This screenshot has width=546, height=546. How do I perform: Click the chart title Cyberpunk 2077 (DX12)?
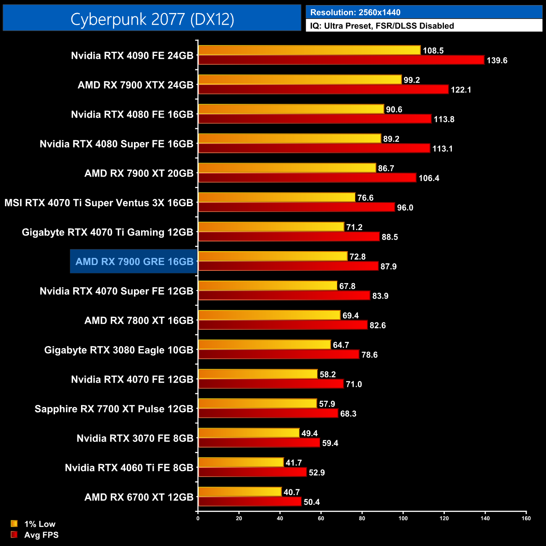(152, 19)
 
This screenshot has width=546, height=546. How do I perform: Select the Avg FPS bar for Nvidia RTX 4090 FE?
(341, 60)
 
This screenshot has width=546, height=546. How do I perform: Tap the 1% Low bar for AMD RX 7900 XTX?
(300, 80)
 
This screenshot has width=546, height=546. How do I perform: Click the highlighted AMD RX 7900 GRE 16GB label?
(134, 262)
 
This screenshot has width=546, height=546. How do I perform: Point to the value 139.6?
(497, 60)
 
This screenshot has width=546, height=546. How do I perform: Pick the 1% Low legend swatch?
(14, 524)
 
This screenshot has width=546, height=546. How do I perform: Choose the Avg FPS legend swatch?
(14, 535)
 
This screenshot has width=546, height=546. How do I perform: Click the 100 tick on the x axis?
(403, 518)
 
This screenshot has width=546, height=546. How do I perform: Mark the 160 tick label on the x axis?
(526, 518)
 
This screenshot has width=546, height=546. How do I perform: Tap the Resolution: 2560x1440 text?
(355, 13)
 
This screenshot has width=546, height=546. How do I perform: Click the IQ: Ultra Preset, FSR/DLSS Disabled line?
(382, 26)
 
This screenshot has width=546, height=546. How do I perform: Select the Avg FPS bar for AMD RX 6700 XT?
(249, 502)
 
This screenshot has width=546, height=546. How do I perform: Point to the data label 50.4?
(312, 502)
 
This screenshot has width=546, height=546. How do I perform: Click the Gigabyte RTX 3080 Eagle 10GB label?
(119, 350)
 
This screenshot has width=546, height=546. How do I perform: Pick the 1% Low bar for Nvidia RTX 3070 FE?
(249, 433)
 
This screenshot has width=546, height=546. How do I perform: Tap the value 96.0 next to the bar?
(405, 207)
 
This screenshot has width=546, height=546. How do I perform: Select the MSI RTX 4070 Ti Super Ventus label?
(99, 203)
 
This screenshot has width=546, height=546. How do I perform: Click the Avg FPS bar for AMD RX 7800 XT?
(283, 325)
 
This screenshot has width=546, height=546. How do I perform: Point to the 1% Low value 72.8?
(357, 257)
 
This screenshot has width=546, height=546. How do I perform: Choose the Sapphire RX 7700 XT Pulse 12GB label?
(114, 409)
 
